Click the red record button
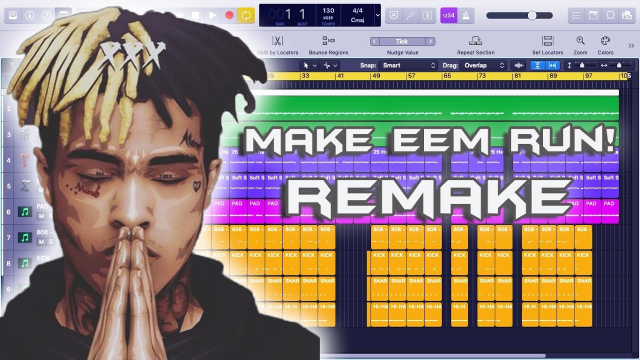(229, 15)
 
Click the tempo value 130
(328, 10)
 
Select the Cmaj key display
(357, 20)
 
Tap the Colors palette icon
(605, 41)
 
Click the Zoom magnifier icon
(580, 41)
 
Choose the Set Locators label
(547, 52)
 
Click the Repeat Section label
(475, 52)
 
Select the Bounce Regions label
(328, 52)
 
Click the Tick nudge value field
(402, 41)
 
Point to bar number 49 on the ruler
(376, 76)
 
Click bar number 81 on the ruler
(517, 76)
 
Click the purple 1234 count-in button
(448, 15)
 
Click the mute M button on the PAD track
(41, 216)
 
